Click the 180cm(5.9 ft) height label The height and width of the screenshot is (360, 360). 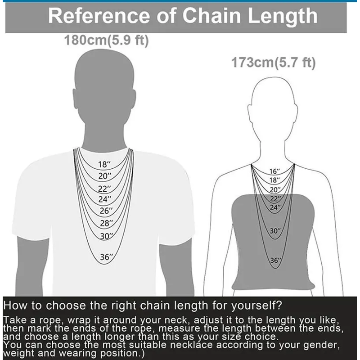(107, 40)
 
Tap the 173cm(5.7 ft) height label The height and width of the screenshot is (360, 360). (274, 63)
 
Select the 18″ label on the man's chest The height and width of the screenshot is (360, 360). (104, 164)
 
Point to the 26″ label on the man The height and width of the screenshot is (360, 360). (106, 211)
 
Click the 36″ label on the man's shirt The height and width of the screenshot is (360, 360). (107, 257)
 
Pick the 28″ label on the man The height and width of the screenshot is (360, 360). (107, 223)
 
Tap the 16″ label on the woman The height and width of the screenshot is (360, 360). (274, 171)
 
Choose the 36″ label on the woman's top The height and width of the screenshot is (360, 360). (275, 261)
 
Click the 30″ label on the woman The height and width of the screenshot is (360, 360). (275, 231)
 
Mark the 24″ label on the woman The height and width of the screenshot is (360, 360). (275, 207)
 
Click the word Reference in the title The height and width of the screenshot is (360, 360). (99, 16)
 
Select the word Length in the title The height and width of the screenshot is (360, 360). (283, 17)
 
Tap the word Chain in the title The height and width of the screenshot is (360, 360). (211, 16)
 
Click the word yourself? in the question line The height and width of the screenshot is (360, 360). (256, 306)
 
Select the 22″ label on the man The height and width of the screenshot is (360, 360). (104, 189)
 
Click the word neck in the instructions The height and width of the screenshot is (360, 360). (177, 320)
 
